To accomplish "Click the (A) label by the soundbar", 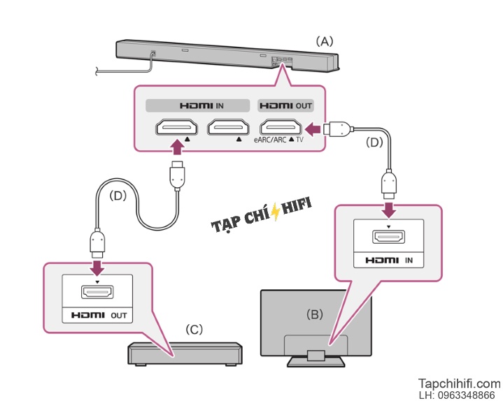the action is pyautogui.click(x=325, y=41).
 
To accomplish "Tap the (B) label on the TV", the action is pyautogui.click(x=314, y=314).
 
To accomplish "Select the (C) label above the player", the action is pyautogui.click(x=194, y=329).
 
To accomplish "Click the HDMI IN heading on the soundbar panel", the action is pyautogui.click(x=201, y=105).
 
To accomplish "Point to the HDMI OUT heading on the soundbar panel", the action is pyautogui.click(x=285, y=105).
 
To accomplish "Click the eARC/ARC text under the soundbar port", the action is pyautogui.click(x=270, y=140).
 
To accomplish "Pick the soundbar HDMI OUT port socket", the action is pyautogui.click(x=281, y=127).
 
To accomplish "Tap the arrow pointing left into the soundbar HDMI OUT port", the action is pyautogui.click(x=313, y=129).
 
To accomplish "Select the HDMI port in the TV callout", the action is pyautogui.click(x=388, y=237).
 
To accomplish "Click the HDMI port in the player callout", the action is pyautogui.click(x=97, y=292).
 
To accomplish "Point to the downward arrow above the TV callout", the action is pyautogui.click(x=389, y=210).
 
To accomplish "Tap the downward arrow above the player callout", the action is pyautogui.click(x=97, y=268).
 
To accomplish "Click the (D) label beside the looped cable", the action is pyautogui.click(x=118, y=196).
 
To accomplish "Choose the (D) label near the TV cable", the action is pyautogui.click(x=374, y=143).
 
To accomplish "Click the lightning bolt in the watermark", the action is pyautogui.click(x=275, y=212).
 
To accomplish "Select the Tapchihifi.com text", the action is pyautogui.click(x=459, y=384).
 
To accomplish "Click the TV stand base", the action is pyautogui.click(x=316, y=362).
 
